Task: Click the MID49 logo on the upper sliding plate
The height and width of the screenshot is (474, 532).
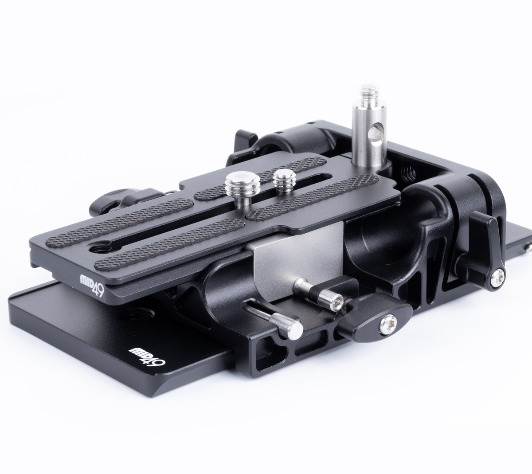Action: pyautogui.click(x=92, y=289)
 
